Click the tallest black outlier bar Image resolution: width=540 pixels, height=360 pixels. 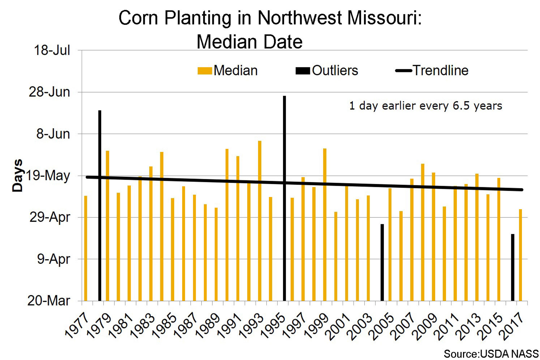point(284,198)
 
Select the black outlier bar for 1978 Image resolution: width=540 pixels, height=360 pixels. point(100,205)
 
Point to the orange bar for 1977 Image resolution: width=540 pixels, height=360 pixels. point(86,248)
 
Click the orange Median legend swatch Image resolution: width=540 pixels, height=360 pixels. point(204,71)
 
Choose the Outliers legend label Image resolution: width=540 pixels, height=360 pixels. point(335,71)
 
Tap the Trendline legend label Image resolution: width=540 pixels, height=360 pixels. point(440,71)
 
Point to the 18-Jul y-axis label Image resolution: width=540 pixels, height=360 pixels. point(52,50)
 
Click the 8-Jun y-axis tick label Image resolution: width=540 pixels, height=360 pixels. point(53,134)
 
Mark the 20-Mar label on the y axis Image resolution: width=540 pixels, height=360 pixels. point(49,301)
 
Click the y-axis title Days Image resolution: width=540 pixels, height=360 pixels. point(17,175)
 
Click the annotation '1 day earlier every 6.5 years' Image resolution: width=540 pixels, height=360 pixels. point(426,106)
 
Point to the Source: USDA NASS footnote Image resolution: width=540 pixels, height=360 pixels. point(491,354)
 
